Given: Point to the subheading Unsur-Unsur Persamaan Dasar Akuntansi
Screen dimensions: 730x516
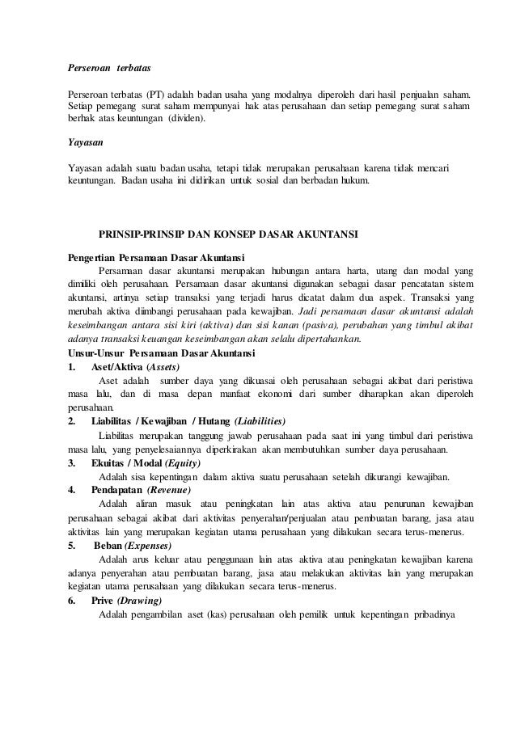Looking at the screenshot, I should (x=162, y=354).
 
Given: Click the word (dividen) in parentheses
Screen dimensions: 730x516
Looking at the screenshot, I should (x=187, y=119).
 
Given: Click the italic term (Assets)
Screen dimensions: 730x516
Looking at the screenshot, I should (x=162, y=367).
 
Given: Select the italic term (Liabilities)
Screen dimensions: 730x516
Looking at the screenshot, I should (x=259, y=422).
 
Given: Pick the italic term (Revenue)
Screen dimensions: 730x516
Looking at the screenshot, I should (x=165, y=491).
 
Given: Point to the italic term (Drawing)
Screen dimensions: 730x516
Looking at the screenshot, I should (x=139, y=601).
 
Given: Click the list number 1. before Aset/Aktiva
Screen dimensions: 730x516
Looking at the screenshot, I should (x=71, y=367).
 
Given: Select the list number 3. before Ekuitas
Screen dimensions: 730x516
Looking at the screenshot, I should (x=71, y=463).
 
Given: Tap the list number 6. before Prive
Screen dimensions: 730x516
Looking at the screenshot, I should (x=71, y=601).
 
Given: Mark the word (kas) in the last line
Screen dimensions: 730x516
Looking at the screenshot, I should (x=216, y=614).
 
